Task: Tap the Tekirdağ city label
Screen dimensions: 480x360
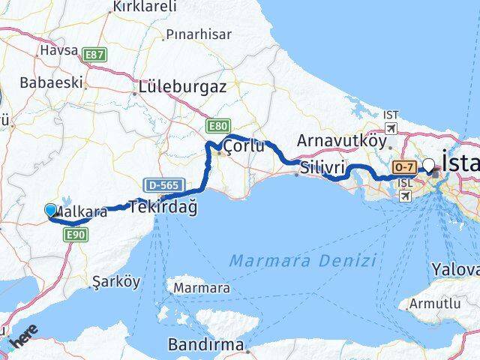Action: [163, 208]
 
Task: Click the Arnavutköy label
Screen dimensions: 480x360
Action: [341, 140]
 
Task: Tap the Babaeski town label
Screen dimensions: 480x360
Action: [52, 82]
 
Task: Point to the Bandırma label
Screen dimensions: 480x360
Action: [206, 346]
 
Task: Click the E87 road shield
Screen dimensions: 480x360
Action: [94, 55]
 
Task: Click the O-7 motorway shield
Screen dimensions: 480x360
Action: [404, 166]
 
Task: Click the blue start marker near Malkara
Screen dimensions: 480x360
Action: [51, 210]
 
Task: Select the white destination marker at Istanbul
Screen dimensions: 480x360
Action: [429, 165]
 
